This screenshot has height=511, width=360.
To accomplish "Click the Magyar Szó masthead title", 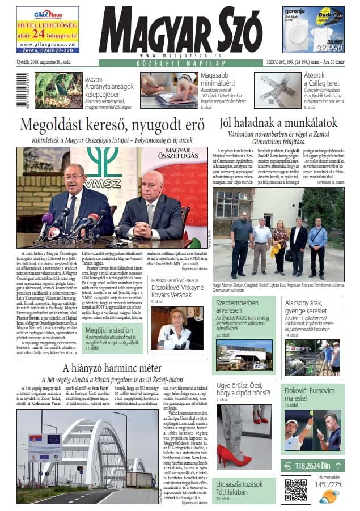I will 180,31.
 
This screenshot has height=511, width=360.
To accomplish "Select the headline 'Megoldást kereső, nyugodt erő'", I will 112,125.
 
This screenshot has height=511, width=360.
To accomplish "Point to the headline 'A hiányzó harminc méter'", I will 112,369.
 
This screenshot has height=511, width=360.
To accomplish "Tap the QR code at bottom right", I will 295,489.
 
